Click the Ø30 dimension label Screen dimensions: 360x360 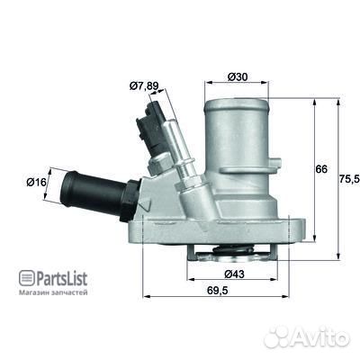238,76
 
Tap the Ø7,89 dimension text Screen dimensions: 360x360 143,85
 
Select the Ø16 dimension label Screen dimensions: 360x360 37,182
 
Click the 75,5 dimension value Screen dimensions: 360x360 346,178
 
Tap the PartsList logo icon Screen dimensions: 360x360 25,277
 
